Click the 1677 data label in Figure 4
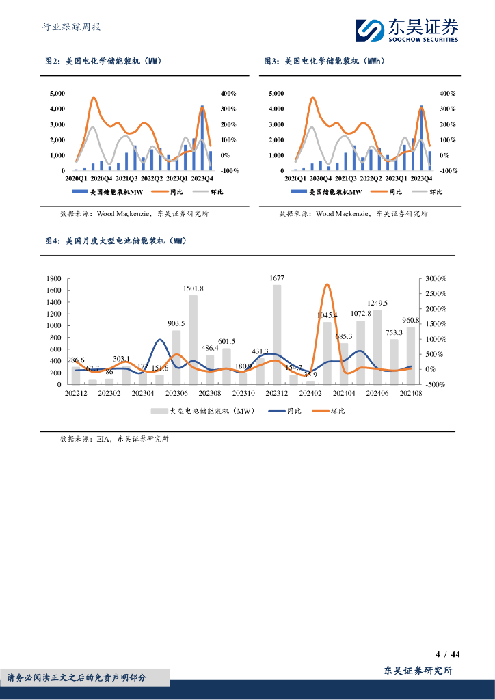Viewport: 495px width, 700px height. tap(277, 278)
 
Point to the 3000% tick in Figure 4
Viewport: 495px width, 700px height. tap(436, 279)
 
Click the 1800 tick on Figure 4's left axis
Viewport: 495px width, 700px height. tap(54, 279)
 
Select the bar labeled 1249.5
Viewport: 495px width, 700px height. tap(377, 347)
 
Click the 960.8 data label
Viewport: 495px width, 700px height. tap(410, 320)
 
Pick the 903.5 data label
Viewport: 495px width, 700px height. tap(176, 323)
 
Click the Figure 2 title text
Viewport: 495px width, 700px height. tap(103, 62)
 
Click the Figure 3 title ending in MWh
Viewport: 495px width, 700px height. tap(325, 62)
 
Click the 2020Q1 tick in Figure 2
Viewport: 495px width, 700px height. tap(75, 178)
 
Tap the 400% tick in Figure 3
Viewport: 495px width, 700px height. tap(447, 93)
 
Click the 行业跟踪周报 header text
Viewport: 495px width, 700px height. tap(71, 27)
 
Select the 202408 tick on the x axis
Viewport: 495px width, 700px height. tap(411, 394)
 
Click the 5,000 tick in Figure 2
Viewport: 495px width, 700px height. tap(58, 93)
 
